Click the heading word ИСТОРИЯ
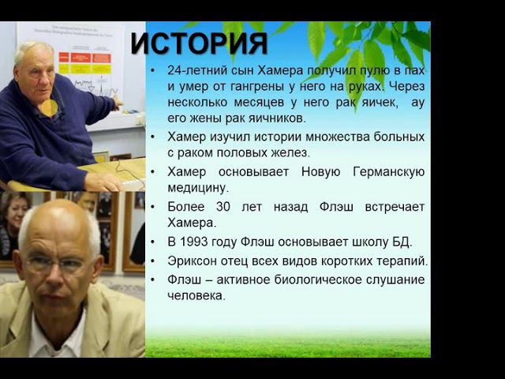pyautogui.click(x=199, y=43)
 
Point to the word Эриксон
pyautogui.click(x=194, y=261)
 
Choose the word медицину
pyautogui.click(x=197, y=188)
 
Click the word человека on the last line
pyautogui.click(x=196, y=295)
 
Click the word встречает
pyautogui.click(x=396, y=207)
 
